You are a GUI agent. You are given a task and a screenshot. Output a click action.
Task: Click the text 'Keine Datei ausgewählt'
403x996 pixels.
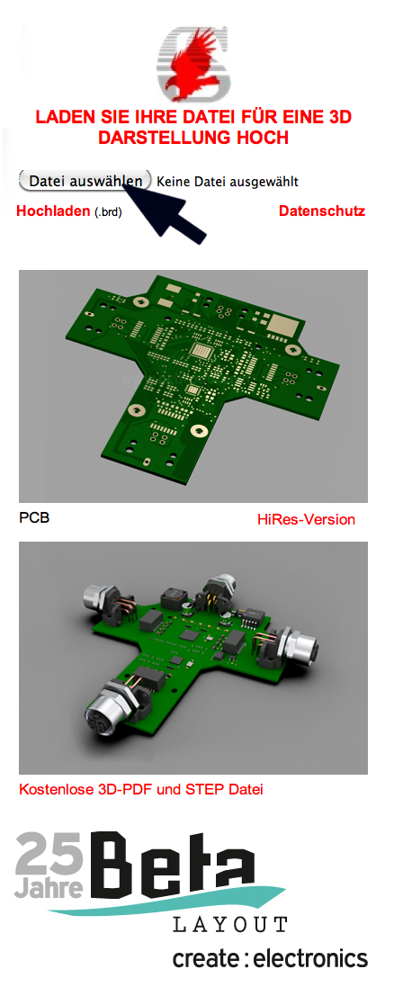coord(228,182)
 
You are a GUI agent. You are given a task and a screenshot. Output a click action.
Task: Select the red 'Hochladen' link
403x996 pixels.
coord(53,211)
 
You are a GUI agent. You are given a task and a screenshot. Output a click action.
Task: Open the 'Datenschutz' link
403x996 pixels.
coord(322,211)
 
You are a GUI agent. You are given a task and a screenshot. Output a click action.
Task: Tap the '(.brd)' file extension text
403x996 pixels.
coord(108,212)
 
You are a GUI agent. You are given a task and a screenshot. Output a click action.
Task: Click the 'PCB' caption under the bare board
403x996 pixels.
coord(34,518)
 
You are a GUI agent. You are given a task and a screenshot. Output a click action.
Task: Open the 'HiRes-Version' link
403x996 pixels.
coord(307,520)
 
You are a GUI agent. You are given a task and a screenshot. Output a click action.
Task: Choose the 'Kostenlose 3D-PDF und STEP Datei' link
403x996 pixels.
coord(141,790)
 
